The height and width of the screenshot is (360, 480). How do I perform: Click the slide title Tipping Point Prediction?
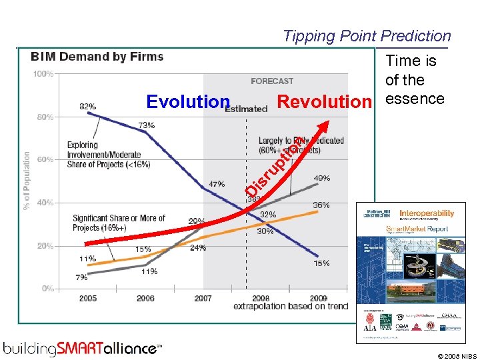[x=367, y=36]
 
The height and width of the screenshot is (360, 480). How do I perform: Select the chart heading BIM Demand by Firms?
[x=97, y=57]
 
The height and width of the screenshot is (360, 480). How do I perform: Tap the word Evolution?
[x=187, y=102]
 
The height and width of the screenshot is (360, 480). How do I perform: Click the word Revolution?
[x=323, y=102]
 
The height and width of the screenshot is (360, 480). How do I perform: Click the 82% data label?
[x=87, y=106]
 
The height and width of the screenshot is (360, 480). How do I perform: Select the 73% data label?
[x=146, y=125]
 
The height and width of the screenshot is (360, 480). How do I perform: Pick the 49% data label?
[x=321, y=178]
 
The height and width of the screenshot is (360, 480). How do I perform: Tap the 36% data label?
[x=321, y=205]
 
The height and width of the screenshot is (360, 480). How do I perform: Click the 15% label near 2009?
[x=321, y=263]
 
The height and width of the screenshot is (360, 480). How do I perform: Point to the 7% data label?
[x=81, y=277]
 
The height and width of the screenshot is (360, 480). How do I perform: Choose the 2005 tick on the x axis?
[x=88, y=298]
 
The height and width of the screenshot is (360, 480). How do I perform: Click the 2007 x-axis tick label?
[x=203, y=298]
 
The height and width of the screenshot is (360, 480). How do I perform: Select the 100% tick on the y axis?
[x=43, y=74]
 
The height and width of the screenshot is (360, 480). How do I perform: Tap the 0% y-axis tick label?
[x=47, y=289]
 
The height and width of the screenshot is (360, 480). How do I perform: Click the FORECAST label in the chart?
[x=272, y=81]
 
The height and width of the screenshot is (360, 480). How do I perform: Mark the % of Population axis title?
[x=27, y=180]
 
